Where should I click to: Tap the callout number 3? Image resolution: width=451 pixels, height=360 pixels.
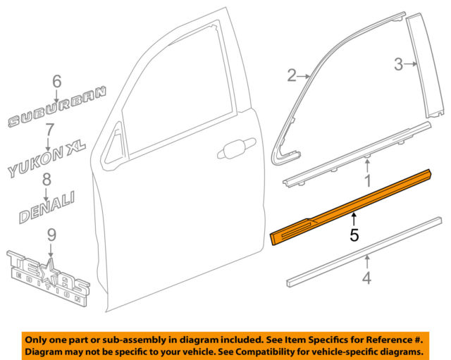pyautogui.click(x=398, y=66)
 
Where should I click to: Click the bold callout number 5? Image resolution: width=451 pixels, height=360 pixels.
pyautogui.click(x=354, y=233)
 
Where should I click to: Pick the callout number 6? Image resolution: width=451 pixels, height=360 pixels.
pyautogui.click(x=56, y=82)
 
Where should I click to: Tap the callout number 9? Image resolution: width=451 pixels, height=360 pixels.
pyautogui.click(x=51, y=234)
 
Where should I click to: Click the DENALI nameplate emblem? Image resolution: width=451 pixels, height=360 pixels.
pyautogui.click(x=44, y=204)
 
